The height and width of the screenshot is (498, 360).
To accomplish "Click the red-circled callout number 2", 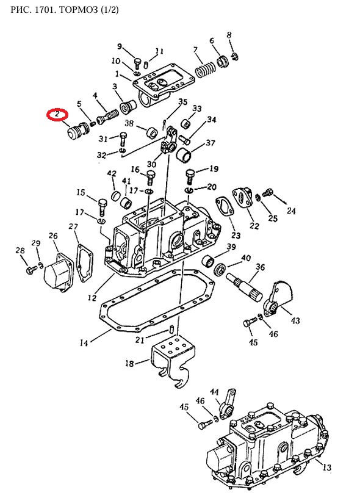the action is tap(57, 114).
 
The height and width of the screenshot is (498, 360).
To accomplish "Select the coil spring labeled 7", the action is tap(205, 69).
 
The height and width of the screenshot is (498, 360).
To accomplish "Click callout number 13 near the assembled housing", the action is tap(326, 467).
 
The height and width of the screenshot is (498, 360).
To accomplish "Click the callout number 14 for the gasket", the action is tap(84, 342).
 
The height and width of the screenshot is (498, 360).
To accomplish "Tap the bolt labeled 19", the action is tap(190, 176).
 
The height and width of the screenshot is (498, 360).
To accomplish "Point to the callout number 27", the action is tap(73, 226).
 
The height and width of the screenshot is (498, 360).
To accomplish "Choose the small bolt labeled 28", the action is tap(31, 270).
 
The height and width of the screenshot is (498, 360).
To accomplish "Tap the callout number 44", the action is tap(214, 392).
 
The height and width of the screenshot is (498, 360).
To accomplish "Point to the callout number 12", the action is tap(92, 298).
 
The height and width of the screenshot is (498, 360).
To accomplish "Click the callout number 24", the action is tap(291, 211).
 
